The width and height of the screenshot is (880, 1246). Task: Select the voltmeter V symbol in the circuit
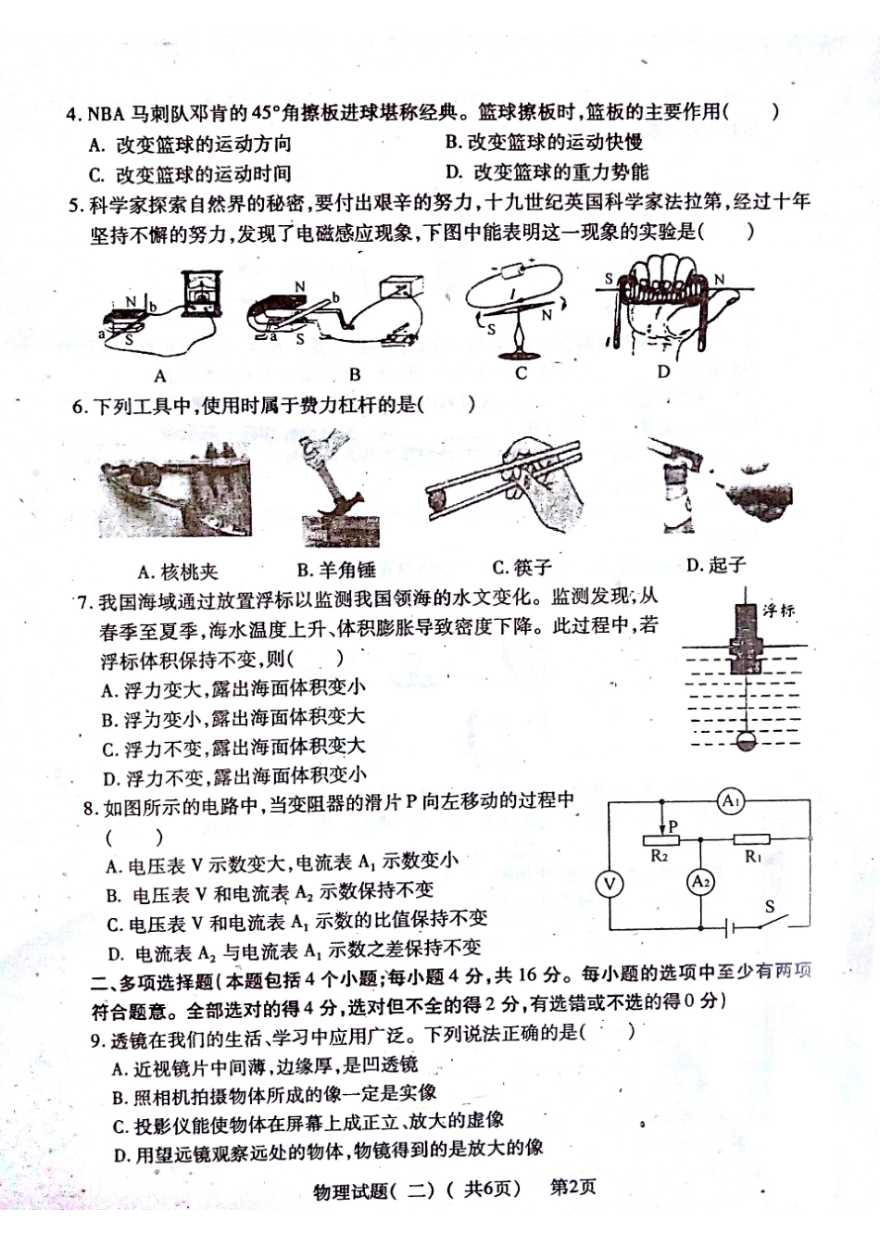tap(610, 884)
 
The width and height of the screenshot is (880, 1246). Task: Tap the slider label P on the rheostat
tap(673, 825)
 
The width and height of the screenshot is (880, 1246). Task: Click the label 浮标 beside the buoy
tap(779, 610)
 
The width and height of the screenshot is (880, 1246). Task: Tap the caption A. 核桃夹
tap(177, 571)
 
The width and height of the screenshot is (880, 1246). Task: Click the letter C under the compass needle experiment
tap(521, 372)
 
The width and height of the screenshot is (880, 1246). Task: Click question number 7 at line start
tap(85, 602)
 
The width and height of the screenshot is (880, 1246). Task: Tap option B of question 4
tap(544, 142)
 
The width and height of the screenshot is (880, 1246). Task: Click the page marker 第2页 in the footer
tap(573, 1187)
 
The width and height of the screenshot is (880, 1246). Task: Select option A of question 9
tap(264, 1067)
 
